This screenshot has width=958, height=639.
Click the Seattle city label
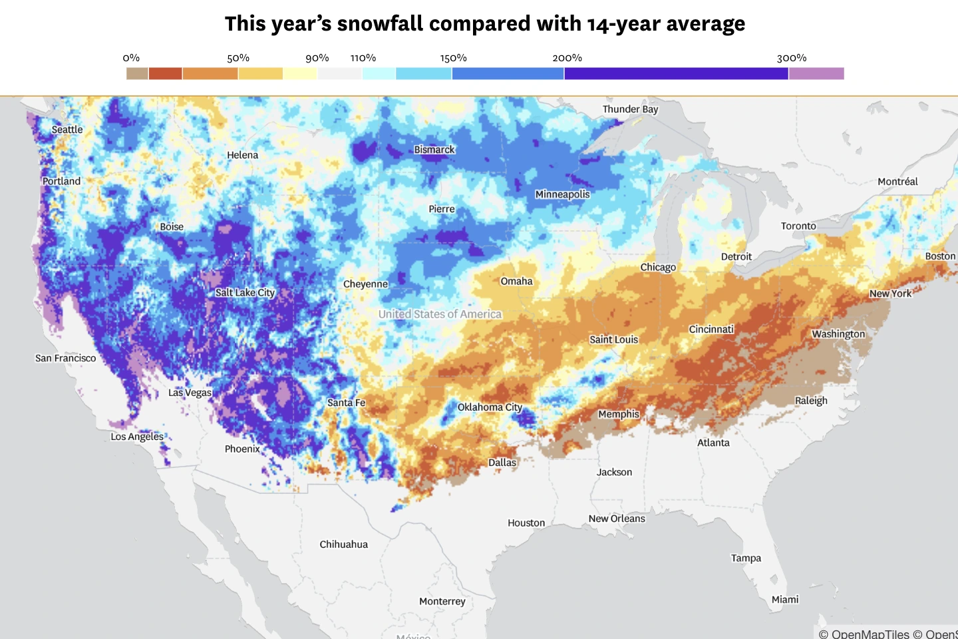coord(67,130)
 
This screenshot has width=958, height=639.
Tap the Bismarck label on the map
coord(434,150)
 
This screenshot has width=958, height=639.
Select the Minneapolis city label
coord(562,194)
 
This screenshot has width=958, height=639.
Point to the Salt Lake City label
coord(245,293)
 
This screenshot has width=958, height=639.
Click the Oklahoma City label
coord(490,407)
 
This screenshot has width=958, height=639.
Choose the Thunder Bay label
coord(630,109)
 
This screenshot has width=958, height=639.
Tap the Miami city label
coord(785,600)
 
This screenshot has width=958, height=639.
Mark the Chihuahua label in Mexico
coord(343,544)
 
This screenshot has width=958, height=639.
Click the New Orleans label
coord(617,519)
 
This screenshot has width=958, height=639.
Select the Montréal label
coord(897,182)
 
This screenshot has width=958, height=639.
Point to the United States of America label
coord(440,314)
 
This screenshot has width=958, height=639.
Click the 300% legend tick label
coord(792,59)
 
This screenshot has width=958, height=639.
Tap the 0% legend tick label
coord(131,59)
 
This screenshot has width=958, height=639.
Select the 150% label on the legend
coord(453,59)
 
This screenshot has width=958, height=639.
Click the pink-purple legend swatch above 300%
coord(816,73)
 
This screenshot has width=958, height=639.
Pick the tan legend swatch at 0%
coord(137,73)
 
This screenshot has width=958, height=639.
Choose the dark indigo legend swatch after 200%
coord(676,73)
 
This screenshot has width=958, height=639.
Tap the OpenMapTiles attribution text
coord(864,634)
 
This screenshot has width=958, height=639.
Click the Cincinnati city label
coord(711,329)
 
